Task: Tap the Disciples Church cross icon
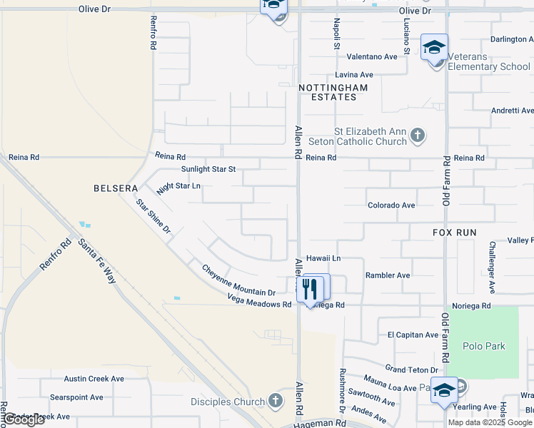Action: (276, 402)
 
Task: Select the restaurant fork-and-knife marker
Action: (310, 288)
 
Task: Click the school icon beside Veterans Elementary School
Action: (434, 49)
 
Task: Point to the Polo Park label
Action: (483, 347)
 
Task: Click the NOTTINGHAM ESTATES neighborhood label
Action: (333, 92)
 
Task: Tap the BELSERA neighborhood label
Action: (115, 188)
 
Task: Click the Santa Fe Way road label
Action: (98, 262)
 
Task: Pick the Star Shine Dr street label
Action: (153, 217)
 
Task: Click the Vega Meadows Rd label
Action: (259, 304)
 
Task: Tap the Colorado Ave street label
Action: (391, 205)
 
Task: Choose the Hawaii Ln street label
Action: (323, 258)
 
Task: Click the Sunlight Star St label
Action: (208, 169)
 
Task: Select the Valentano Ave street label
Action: (371, 56)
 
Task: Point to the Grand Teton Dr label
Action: (411, 370)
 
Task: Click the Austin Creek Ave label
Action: (94, 379)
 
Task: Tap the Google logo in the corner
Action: (24, 419)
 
